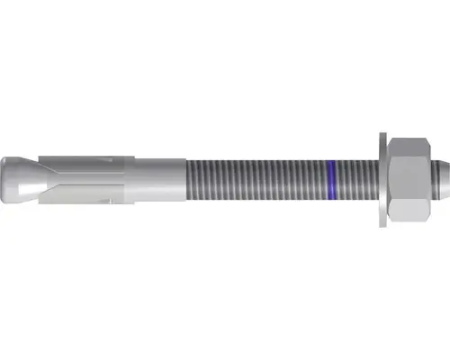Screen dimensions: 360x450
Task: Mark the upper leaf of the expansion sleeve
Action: click(x=81, y=162)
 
